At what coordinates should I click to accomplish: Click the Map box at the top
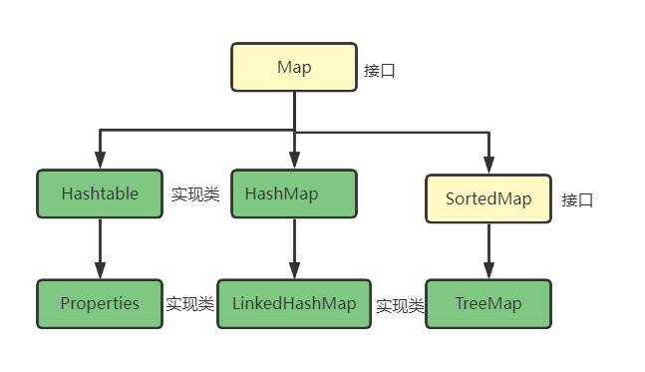coord(294,68)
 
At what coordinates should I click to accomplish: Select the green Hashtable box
coord(99,193)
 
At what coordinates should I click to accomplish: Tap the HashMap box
coord(294,193)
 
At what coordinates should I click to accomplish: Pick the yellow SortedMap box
coord(487,198)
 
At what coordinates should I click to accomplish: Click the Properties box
coord(99,303)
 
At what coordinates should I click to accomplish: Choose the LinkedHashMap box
coord(294,303)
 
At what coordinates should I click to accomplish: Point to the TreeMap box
coord(487,303)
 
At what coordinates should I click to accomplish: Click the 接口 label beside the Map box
coord(380,72)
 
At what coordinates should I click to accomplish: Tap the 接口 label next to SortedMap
coord(577,199)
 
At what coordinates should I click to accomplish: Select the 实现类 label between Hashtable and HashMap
coord(194,194)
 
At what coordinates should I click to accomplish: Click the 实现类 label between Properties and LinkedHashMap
coord(189,304)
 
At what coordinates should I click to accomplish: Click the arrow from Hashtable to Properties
coord(100,244)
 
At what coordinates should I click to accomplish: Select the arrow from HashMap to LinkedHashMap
coord(294,244)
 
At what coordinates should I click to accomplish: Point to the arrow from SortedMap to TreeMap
coord(488,249)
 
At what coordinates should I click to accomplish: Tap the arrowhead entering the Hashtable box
coord(100,162)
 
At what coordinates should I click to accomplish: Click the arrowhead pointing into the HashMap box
coord(294,162)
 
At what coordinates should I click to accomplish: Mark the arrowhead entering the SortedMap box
coord(488,167)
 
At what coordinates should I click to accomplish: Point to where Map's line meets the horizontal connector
coord(294,131)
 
